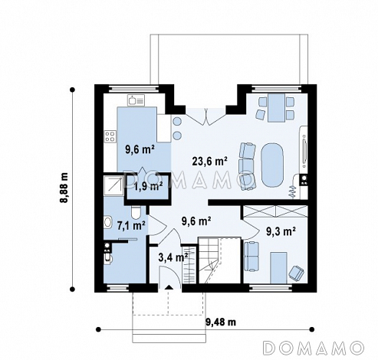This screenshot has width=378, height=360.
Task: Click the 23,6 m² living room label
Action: pyautogui.click(x=209, y=162)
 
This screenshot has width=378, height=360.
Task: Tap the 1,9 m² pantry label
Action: pyautogui.click(x=149, y=187)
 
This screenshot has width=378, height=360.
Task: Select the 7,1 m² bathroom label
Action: pyautogui.click(x=131, y=226)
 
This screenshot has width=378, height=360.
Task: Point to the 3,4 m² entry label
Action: pyautogui.click(x=173, y=257)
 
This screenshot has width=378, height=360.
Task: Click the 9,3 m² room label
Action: pyautogui.click(x=281, y=231)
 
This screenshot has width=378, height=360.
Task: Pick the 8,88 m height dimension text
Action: pyautogui.click(x=64, y=188)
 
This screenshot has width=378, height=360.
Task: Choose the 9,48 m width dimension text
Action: pyautogui.click(x=221, y=322)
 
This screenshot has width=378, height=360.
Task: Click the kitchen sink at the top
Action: pyautogui.click(x=136, y=100)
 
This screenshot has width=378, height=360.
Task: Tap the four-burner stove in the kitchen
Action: pyautogui.click(x=110, y=136)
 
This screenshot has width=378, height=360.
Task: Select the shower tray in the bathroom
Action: pyautogui.click(x=113, y=185)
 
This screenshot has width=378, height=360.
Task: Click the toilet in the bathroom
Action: pyautogui.click(x=136, y=213)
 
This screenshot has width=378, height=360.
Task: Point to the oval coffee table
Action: pyautogui.click(x=272, y=165)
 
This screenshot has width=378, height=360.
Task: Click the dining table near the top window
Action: pyautogui.click(x=276, y=108)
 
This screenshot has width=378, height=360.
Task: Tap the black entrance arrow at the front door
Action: pyautogui.click(x=168, y=287)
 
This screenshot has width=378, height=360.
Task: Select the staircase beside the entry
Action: pyautogui.click(x=209, y=260)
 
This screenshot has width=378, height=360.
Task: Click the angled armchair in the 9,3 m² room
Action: pyautogui.click(x=297, y=273)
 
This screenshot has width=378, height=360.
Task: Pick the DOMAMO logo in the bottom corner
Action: pyautogui.click(x=314, y=348)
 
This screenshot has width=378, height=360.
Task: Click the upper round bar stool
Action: pyautogui.click(x=177, y=122)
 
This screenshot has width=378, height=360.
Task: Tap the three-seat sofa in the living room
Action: pyautogui.click(x=248, y=166)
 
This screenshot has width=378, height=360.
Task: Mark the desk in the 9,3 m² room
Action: pyautogui.click(x=278, y=268)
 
